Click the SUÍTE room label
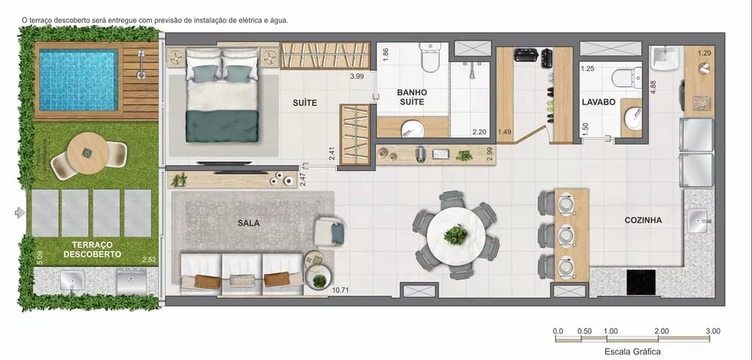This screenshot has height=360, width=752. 305,102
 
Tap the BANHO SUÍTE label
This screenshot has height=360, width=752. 411,97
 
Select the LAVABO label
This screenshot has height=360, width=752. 599,101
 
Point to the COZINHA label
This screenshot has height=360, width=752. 643,220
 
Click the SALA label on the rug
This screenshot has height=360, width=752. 249,223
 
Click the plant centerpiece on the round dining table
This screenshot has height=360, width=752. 456,234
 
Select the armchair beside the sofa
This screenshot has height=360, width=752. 329,231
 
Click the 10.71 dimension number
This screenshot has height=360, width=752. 341,289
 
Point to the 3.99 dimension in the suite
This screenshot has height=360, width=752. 356,76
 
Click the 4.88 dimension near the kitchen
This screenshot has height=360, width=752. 653,86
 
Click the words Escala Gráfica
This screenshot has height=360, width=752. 632,350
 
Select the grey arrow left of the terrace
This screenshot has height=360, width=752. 20,213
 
